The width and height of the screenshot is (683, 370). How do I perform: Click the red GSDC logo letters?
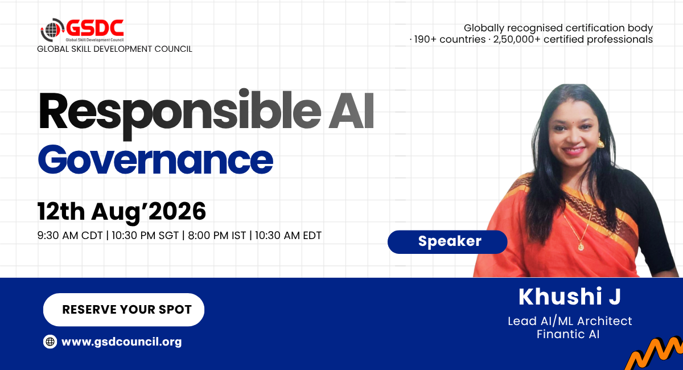click(95, 28)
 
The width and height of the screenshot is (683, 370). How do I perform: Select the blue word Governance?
click(155, 159)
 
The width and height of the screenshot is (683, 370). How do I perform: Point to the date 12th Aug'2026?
click(122, 211)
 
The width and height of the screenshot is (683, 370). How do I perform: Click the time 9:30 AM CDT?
click(70, 236)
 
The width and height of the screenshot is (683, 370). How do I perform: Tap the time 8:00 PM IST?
click(217, 236)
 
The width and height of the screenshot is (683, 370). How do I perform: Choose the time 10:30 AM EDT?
click(288, 236)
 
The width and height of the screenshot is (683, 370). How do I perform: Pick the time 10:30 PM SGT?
click(145, 236)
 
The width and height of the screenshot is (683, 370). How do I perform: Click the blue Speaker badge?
click(447, 242)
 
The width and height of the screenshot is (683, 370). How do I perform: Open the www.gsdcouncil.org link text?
click(121, 342)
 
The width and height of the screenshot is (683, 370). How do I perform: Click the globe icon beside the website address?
click(50, 342)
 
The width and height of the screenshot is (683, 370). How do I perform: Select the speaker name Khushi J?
click(570, 297)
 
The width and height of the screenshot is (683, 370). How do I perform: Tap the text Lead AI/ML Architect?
click(570, 321)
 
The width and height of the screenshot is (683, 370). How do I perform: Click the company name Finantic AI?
click(568, 334)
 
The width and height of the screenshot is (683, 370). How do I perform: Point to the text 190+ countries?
click(450, 39)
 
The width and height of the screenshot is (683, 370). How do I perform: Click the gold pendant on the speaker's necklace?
click(581, 246)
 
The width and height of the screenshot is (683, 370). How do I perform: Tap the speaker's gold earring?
click(600, 142)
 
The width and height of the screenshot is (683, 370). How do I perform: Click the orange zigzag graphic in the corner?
click(655, 354)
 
